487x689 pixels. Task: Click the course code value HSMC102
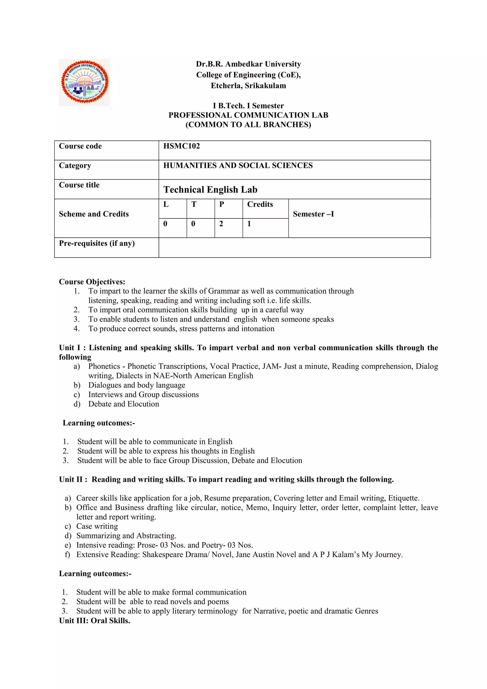tap(181, 146)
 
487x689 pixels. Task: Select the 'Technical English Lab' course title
tap(210, 190)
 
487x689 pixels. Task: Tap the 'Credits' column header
tap(260, 204)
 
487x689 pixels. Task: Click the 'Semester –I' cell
tap(313, 214)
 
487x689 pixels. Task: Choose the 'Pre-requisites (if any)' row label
tap(97, 243)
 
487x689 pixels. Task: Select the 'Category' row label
tap(75, 166)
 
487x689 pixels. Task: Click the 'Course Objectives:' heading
tap(92, 282)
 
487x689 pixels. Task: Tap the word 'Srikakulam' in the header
tap(265, 86)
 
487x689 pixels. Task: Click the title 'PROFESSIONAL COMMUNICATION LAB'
tap(248, 115)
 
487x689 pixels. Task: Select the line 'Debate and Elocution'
tap(124, 404)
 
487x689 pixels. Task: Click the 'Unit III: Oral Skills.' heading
tap(94, 620)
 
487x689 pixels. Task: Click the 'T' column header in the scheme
tap(194, 204)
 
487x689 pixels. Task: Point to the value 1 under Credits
tap(249, 224)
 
